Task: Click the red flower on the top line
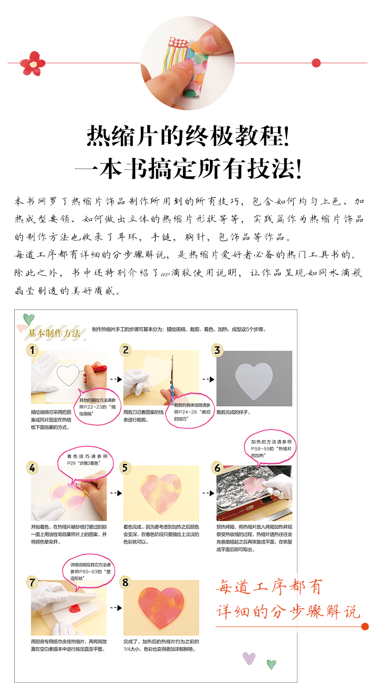pos(32,63)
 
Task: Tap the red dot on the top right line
pos(316,63)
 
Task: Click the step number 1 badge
pos(32,350)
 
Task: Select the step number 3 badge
pos(217,350)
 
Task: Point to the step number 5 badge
pos(125,468)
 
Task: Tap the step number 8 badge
pos(125,582)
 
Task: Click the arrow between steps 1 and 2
pos(116,379)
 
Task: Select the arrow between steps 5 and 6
pos(208,493)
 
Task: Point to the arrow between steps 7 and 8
pos(116,608)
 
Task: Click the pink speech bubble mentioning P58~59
pos(270,448)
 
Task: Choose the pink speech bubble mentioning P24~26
pos(190,410)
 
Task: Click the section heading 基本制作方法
pos(54,333)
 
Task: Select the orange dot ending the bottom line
pos(365,627)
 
